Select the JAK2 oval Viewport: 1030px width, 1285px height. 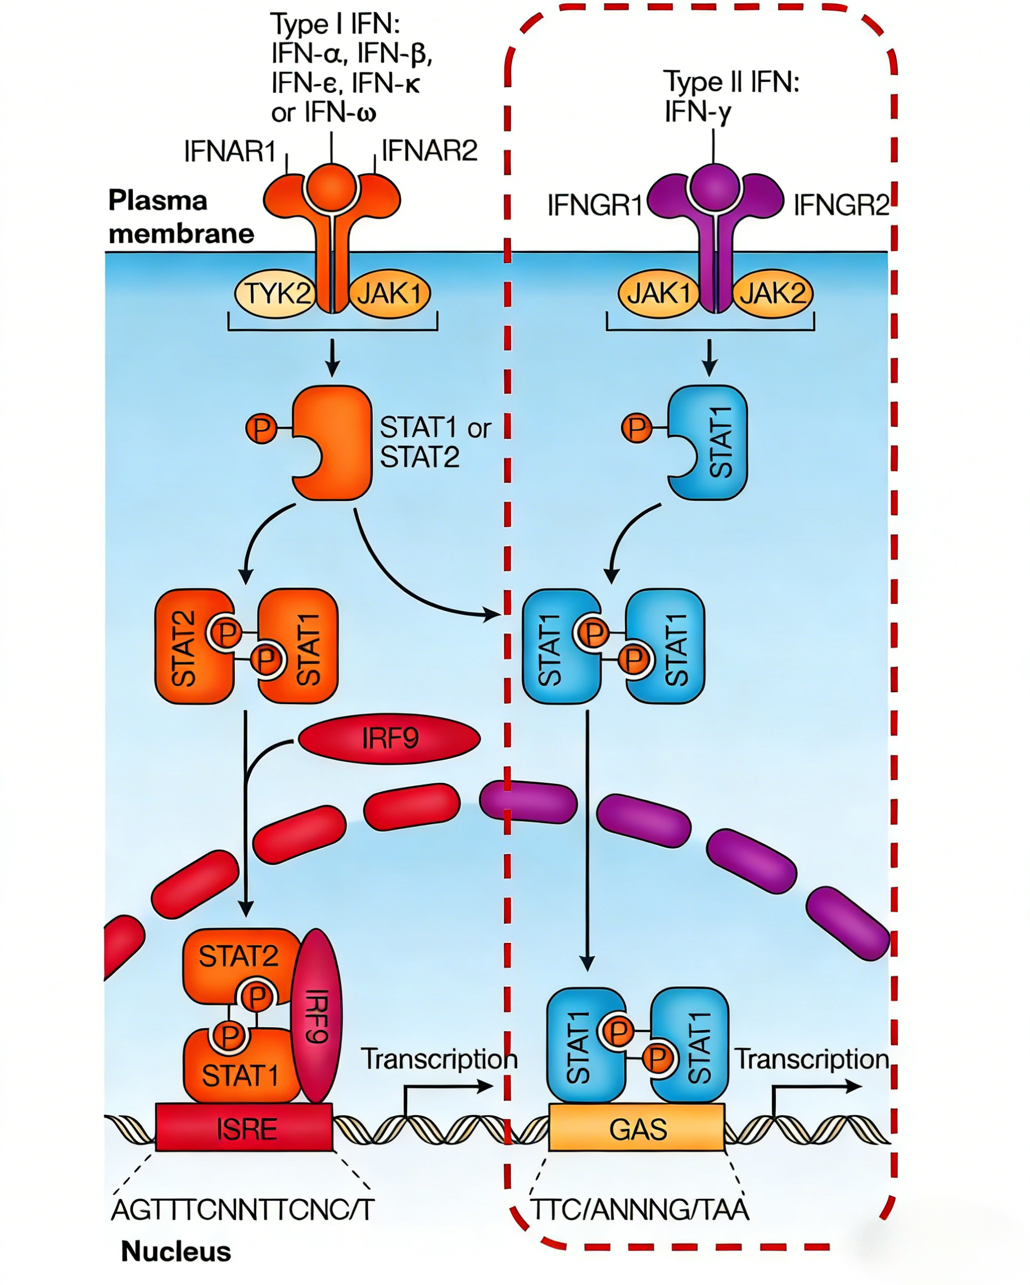coord(772,293)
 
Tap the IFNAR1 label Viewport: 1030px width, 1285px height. coord(229,151)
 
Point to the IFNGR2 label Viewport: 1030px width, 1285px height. coord(841,206)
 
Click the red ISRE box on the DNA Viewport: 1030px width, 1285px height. coord(245,1128)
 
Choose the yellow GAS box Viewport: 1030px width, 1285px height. coord(636,1128)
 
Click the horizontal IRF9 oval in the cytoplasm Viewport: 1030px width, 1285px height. coord(389,739)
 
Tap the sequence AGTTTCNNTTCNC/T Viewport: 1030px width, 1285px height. coord(243,1209)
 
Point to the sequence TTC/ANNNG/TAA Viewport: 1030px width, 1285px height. coord(639,1209)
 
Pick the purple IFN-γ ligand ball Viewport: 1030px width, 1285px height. coord(714,187)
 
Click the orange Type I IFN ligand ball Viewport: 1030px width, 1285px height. coord(332,187)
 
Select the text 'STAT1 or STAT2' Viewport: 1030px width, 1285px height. coord(434,442)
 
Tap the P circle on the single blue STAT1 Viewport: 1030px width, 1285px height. coord(636,428)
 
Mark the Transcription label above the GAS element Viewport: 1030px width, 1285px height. coord(812,1059)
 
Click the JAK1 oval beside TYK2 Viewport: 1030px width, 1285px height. coord(389,293)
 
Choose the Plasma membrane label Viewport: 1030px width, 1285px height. coord(180,217)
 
